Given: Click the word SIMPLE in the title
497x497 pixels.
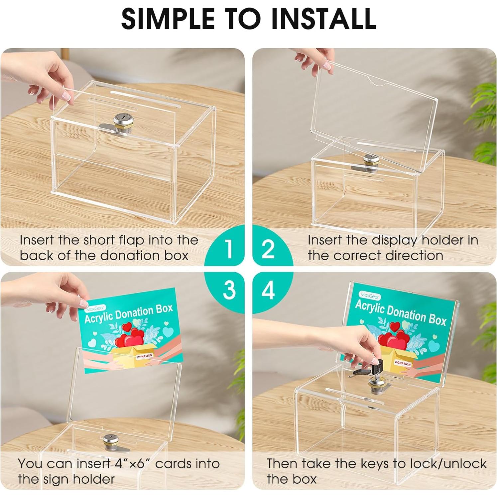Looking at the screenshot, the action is click(168, 18).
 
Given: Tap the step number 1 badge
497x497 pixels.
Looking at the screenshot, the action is click(228, 249).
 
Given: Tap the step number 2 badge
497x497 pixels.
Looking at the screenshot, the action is click(268, 249).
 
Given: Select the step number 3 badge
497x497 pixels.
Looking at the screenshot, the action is click(229, 290).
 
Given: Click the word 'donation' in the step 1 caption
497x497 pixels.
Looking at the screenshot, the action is click(133, 256).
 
